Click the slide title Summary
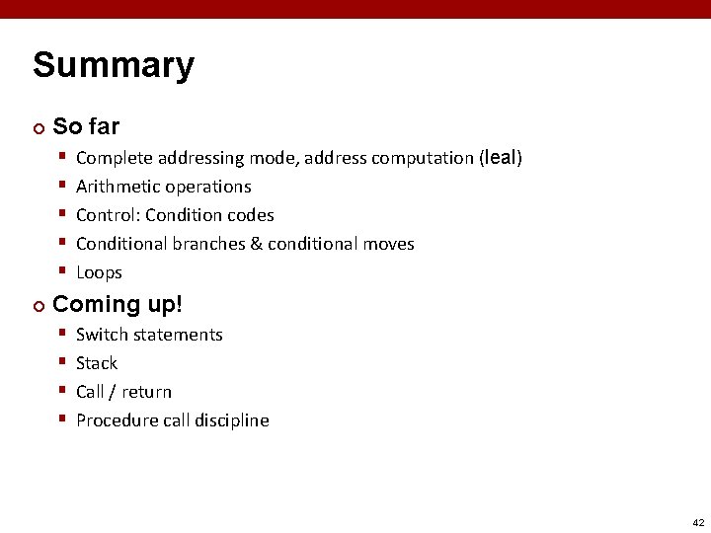pyautogui.click(x=114, y=67)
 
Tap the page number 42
pyautogui.click(x=699, y=522)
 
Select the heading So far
pyautogui.click(x=86, y=126)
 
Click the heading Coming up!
pyautogui.click(x=118, y=303)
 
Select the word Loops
pyautogui.click(x=99, y=272)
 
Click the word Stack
pyautogui.click(x=97, y=363)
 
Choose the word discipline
pyautogui.click(x=231, y=420)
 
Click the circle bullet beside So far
pyautogui.click(x=39, y=127)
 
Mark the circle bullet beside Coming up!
pyautogui.click(x=39, y=304)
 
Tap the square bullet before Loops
pyautogui.click(x=62, y=271)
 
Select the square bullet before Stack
pyautogui.click(x=62, y=362)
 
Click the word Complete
pyautogui.click(x=114, y=158)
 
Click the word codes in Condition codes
pyautogui.click(x=251, y=215)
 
